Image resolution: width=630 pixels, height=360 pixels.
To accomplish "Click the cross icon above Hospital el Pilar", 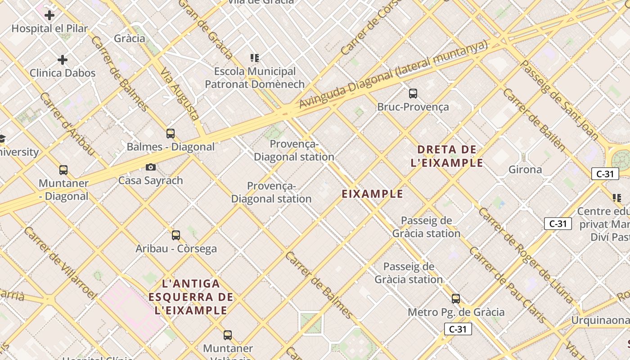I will (x=49, y=15).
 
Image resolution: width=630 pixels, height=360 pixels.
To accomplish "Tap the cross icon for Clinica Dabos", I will (x=63, y=60).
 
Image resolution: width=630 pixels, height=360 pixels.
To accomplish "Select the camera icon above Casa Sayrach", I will (x=151, y=167).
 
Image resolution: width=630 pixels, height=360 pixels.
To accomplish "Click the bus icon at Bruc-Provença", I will (x=413, y=94).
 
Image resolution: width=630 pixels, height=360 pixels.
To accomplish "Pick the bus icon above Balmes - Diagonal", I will (x=171, y=134).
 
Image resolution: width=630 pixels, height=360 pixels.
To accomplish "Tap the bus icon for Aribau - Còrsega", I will (x=176, y=235).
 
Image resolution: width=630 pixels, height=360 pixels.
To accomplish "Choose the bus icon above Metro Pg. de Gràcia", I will (x=456, y=299).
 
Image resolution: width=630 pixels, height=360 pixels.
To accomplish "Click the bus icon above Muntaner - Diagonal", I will (x=63, y=171).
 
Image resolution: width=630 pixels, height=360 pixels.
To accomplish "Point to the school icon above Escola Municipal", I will (x=255, y=58).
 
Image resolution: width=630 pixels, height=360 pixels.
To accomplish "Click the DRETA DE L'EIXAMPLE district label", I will (x=447, y=156).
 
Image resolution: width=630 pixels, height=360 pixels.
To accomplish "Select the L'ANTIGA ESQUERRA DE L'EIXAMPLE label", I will (x=191, y=297).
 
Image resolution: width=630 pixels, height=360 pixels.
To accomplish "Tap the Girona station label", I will (x=525, y=170).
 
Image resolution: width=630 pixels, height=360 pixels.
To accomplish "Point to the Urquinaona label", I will (x=600, y=320).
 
